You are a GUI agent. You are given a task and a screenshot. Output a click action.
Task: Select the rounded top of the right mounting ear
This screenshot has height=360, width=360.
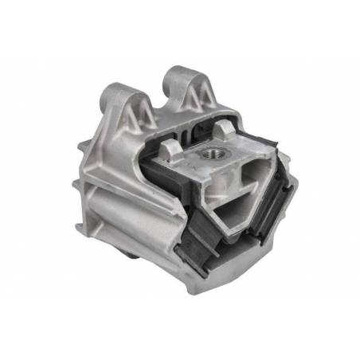point(176,76)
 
